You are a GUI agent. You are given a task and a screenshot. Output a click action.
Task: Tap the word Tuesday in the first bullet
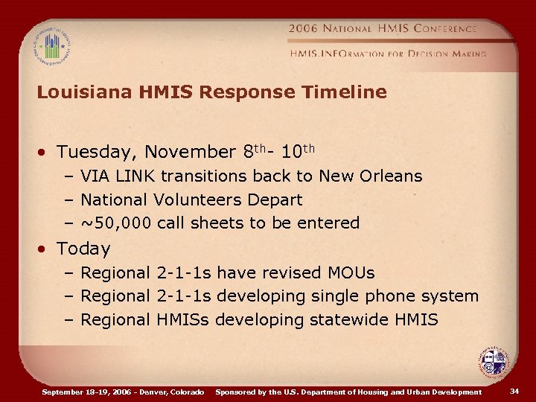(97, 153)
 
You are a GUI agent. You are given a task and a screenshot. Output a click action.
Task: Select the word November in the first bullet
(190, 153)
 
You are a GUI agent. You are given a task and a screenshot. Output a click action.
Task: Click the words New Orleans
(371, 176)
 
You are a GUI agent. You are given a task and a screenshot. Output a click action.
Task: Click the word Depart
(277, 200)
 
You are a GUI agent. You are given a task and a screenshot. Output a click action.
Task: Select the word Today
(83, 249)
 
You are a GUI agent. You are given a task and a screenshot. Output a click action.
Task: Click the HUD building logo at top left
(51, 46)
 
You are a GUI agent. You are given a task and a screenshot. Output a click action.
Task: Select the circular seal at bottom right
(493, 363)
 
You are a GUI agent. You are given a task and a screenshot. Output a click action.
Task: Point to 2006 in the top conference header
(304, 28)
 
